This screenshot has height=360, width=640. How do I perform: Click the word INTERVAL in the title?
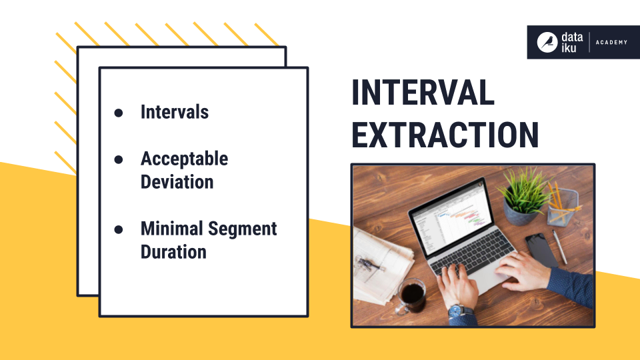tap(423, 93)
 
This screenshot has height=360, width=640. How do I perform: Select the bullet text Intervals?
tap(174, 112)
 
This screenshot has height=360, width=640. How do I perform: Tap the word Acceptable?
tap(184, 159)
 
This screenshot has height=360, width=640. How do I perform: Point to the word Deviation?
tap(177, 182)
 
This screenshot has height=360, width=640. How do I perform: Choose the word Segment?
tap(242, 229)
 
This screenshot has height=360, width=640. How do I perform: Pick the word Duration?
tap(173, 252)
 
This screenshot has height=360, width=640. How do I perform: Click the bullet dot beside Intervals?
tap(119, 113)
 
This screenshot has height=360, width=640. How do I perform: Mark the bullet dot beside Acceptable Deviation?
tap(119, 160)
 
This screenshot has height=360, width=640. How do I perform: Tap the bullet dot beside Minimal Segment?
tap(119, 229)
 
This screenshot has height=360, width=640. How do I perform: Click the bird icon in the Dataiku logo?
tap(547, 42)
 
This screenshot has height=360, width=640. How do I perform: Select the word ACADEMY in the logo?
tap(612, 43)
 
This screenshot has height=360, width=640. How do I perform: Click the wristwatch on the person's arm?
tap(457, 311)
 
